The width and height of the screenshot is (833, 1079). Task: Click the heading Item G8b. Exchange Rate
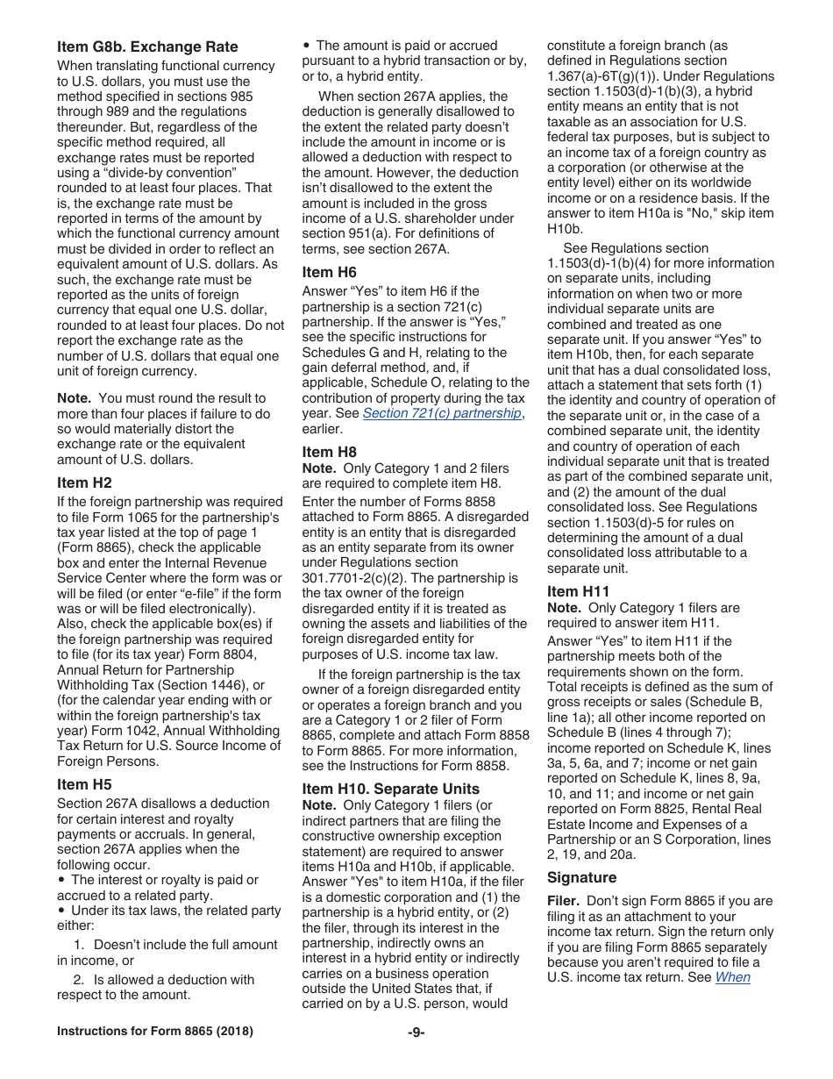[x=147, y=47]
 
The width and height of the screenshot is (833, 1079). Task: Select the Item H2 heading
[x=84, y=482]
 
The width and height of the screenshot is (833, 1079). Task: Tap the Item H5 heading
[x=84, y=784]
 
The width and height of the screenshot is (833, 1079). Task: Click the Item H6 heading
[x=330, y=272]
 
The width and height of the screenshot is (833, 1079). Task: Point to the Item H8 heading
[x=330, y=452]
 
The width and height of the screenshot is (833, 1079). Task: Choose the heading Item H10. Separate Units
[x=391, y=788]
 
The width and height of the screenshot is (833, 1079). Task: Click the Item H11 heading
[x=579, y=591]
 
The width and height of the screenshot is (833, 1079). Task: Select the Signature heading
[x=581, y=877]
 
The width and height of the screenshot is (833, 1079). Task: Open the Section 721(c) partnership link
[x=443, y=413]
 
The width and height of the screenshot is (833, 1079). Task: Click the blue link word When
[x=732, y=977]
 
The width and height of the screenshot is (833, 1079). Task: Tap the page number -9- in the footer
[x=416, y=1032]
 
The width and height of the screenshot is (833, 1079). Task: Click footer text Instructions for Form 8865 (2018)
[x=155, y=1032]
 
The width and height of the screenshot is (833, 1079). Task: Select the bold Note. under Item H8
[x=319, y=468]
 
